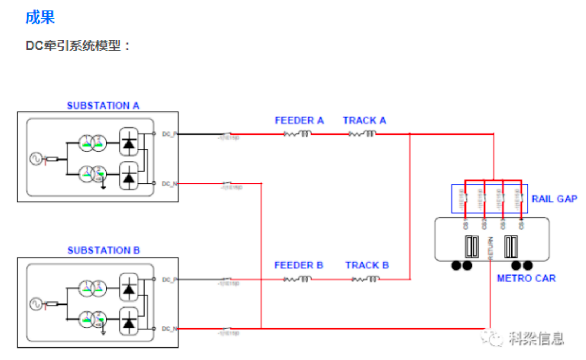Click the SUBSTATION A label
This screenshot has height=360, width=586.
103,106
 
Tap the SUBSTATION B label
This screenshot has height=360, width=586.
104,250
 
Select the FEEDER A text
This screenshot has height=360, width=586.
299,121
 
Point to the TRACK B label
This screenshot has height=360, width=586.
367,266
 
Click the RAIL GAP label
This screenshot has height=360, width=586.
554,199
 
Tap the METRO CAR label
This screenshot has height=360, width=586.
526,278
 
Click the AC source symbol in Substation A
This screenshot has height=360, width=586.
36,158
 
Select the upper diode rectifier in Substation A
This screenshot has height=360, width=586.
129,142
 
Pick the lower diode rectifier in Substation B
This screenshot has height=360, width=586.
129,322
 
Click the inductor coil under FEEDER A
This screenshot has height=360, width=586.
305,134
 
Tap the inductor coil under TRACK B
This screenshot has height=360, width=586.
372,279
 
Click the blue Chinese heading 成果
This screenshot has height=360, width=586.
40,17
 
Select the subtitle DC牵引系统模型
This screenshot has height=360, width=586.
77,46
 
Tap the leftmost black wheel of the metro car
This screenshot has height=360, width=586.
456,266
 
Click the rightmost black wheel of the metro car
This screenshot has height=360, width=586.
528,266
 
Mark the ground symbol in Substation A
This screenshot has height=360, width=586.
103,187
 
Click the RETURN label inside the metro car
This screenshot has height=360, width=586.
490,248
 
